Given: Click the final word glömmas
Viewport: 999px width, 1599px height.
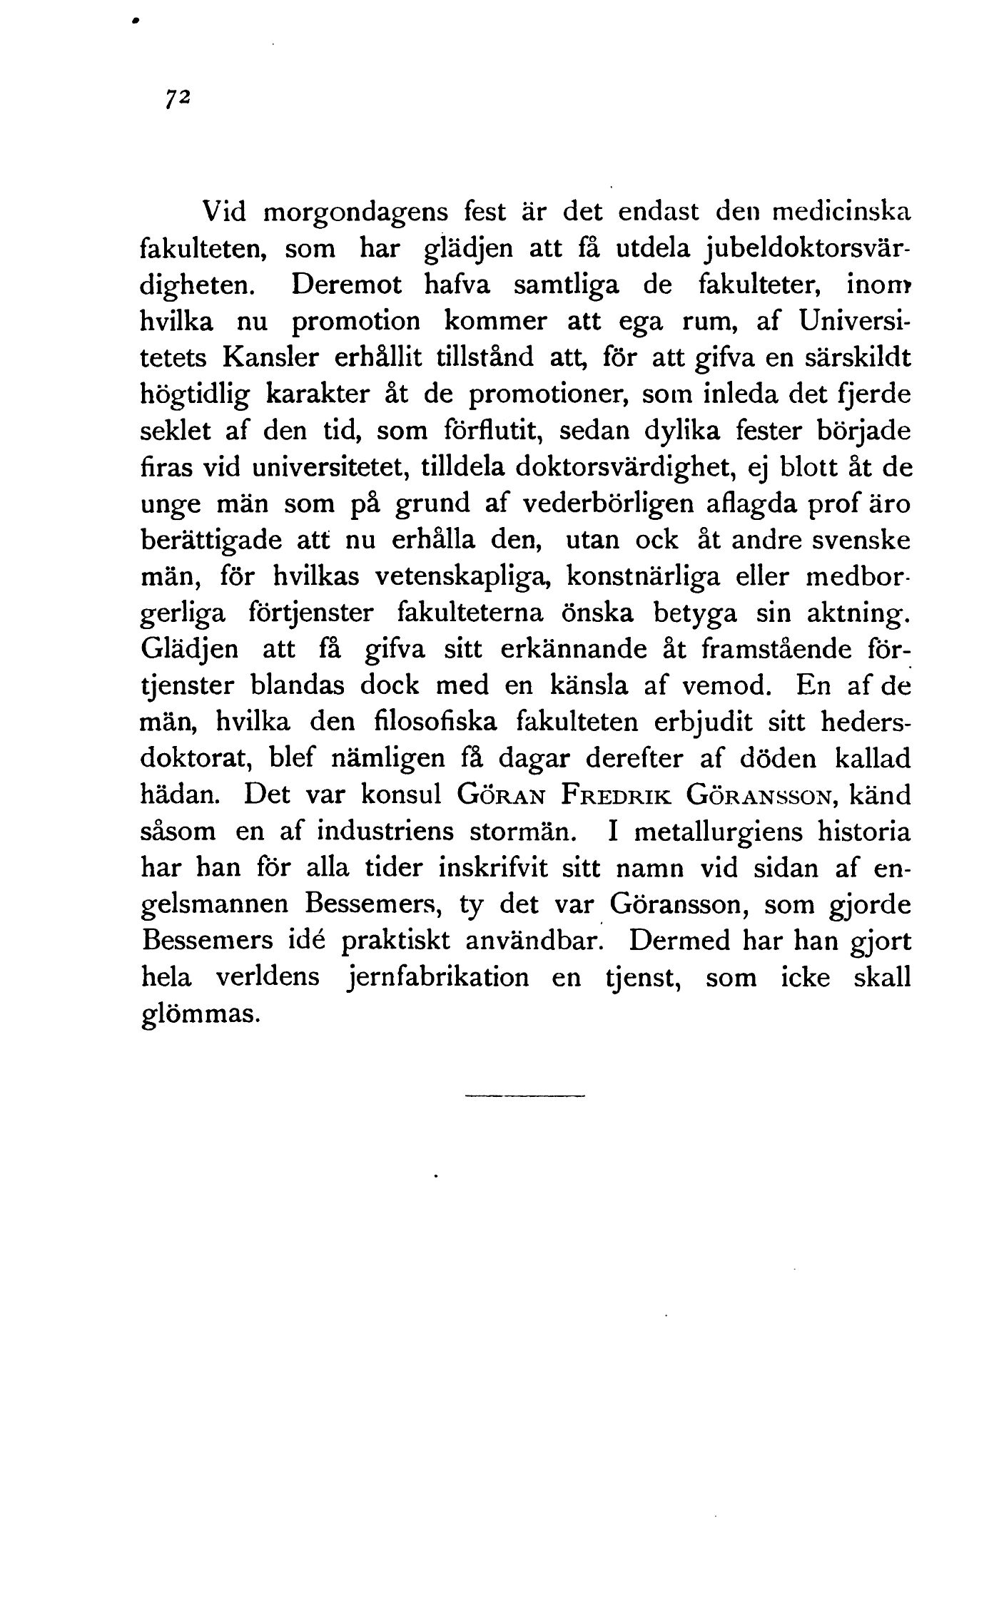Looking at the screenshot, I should (x=197, y=1015).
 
